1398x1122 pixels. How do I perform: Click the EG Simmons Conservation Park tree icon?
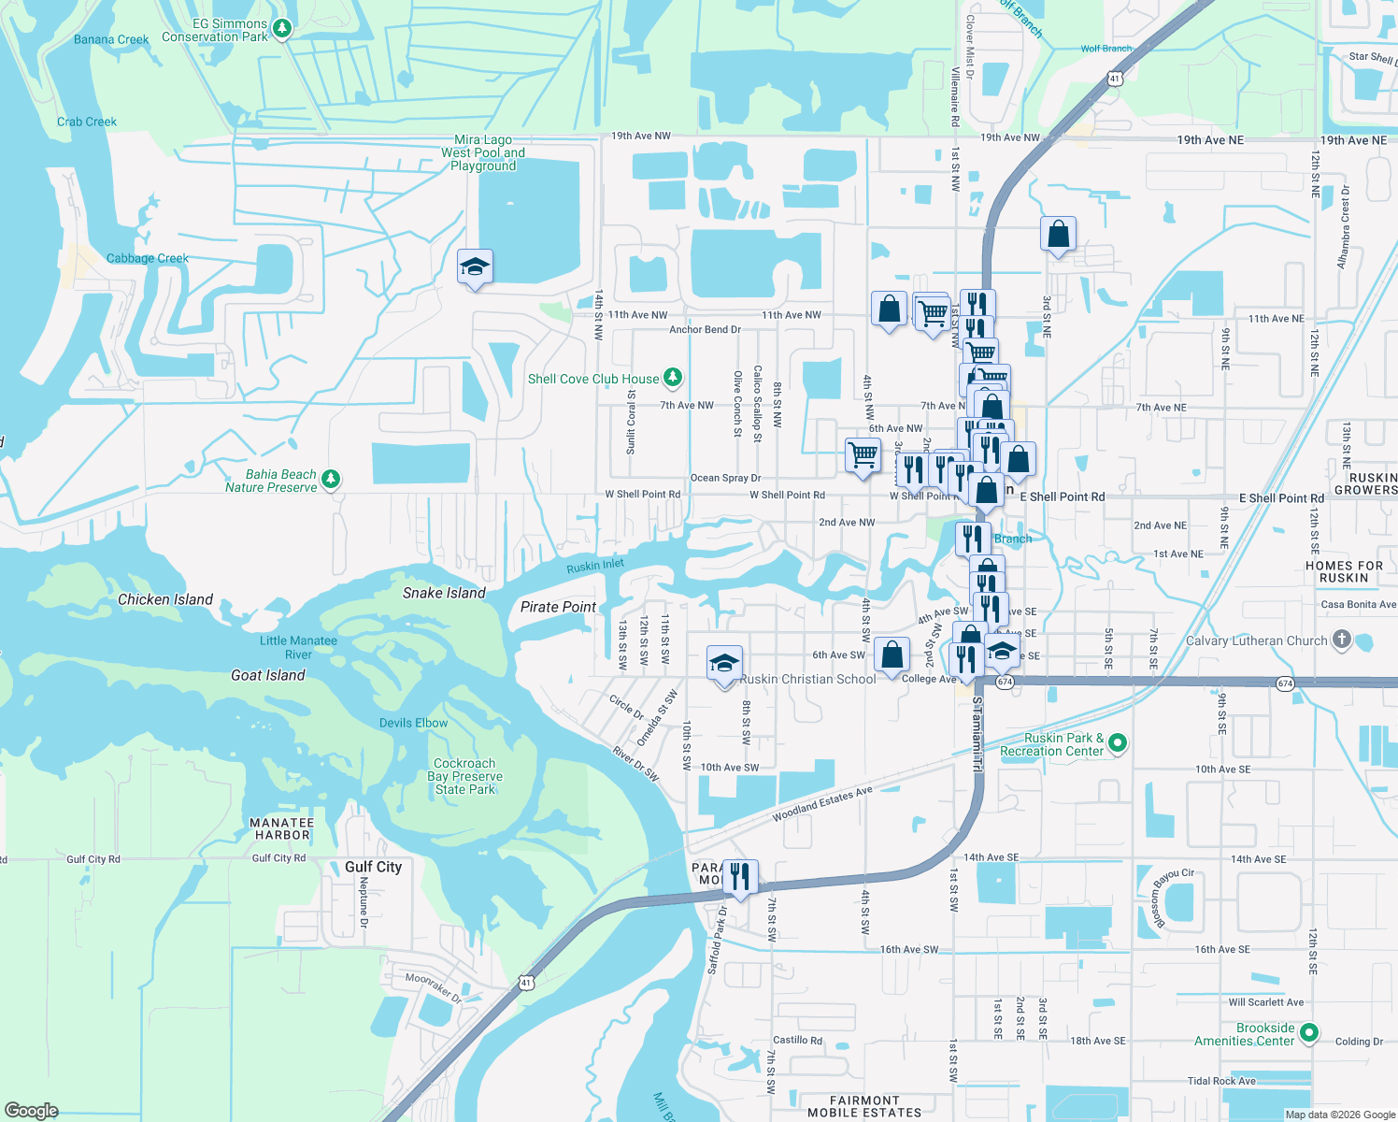click(281, 28)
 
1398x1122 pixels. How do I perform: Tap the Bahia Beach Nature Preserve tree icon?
click(330, 480)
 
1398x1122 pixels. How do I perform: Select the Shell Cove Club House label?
click(593, 379)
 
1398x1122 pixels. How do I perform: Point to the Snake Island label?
click(444, 593)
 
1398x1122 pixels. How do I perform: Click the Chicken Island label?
click(165, 599)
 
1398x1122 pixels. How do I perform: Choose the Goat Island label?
click(268, 675)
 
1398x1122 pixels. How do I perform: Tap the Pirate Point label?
click(558, 607)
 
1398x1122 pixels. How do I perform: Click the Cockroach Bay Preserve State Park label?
click(464, 776)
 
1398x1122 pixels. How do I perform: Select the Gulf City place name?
click(373, 867)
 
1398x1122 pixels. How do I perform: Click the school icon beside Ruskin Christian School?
click(724, 664)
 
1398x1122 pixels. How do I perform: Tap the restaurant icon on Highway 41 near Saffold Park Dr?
click(739, 877)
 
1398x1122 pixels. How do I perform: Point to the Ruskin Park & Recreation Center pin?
click(1117, 743)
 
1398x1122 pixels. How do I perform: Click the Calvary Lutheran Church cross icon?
click(1341, 640)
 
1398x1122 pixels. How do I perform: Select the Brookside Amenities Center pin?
click(1308, 1033)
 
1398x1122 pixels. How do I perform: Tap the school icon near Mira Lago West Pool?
click(475, 267)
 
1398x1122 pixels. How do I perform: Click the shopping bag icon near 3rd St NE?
click(1058, 234)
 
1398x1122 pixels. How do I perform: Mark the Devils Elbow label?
click(413, 723)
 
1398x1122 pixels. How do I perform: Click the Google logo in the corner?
click(31, 1110)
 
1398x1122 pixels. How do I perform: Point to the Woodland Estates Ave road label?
click(821, 804)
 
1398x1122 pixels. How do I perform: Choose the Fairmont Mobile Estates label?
click(864, 1106)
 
